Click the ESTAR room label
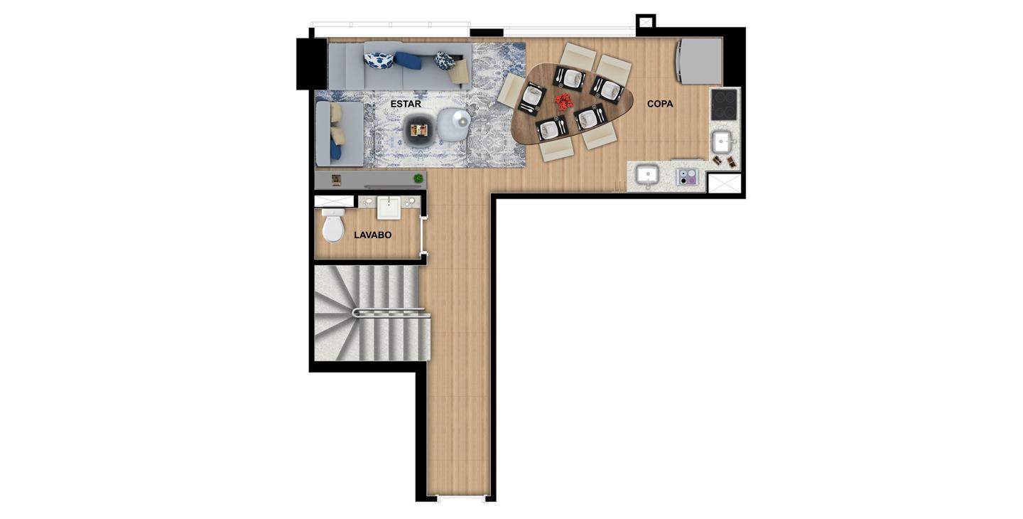[x=406, y=105]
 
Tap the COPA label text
[x=660, y=105]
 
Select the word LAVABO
[x=373, y=235]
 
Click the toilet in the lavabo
[x=333, y=225]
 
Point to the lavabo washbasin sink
[x=389, y=208]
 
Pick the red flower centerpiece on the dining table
[x=565, y=102]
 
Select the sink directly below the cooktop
[x=722, y=142]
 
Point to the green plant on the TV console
[x=418, y=178]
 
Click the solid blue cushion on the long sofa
[x=408, y=60]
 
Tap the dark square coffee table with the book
[x=418, y=130]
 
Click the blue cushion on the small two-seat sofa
[x=335, y=151]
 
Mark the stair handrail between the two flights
[x=391, y=313]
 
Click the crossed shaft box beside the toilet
[x=335, y=201]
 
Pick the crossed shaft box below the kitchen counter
[x=725, y=183]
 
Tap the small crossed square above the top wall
[x=646, y=21]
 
